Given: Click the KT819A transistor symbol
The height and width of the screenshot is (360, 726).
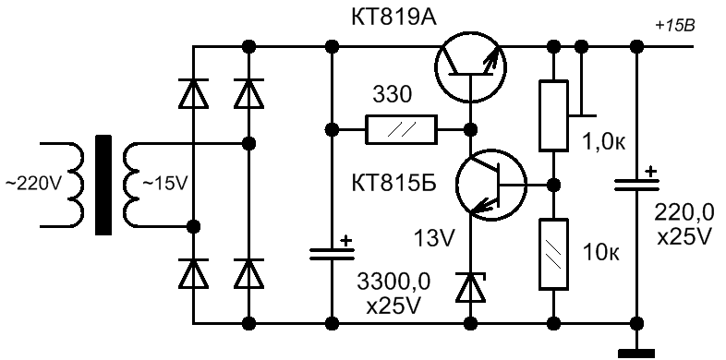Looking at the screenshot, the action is click(471, 66).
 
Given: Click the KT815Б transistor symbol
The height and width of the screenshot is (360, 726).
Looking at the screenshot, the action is click(491, 185).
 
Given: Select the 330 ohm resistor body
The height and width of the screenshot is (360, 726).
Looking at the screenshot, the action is click(401, 129).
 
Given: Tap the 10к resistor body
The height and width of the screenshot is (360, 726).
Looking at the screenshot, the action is click(553, 254).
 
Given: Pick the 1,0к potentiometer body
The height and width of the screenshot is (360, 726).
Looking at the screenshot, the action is click(553, 115).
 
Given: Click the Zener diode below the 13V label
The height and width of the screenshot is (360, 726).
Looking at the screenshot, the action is click(471, 287).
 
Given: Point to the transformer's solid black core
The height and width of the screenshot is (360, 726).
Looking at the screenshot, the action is click(103, 186).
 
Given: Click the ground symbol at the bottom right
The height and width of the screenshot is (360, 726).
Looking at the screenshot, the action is click(636, 354).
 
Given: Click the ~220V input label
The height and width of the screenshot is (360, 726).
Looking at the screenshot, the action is click(32, 185).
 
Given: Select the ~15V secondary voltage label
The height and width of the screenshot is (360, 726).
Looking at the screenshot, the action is click(164, 185).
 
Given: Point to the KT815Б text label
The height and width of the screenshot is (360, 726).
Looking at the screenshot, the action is click(395, 185).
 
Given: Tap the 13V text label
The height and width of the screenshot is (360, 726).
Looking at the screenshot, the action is click(434, 239).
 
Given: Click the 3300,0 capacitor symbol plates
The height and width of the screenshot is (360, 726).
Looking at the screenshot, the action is click(332, 254).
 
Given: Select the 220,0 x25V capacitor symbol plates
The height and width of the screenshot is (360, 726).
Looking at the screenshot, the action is click(636, 186).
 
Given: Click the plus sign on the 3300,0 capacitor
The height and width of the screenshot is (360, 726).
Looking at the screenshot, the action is click(345, 241).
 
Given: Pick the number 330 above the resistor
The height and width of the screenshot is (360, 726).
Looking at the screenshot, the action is click(392, 96).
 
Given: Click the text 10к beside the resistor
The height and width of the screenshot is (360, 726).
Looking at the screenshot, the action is click(601, 253).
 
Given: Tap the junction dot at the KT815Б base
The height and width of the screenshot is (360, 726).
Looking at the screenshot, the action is click(552, 185).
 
